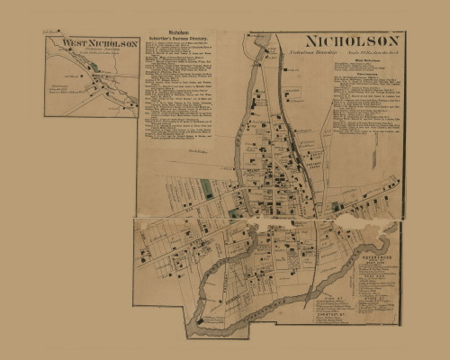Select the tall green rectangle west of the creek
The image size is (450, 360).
[x=206, y=189]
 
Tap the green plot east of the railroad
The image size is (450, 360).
[x=337, y=207]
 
